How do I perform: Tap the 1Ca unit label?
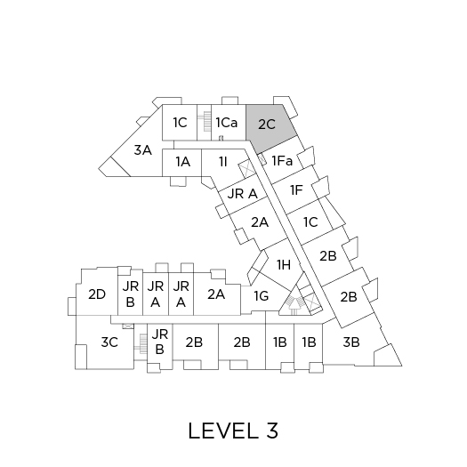[227, 123]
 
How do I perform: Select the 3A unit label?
[143, 149]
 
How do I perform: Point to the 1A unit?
[182, 163]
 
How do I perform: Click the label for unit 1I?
[223, 162]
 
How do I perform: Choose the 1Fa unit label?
[282, 161]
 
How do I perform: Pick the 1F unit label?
[296, 190]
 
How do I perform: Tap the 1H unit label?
[284, 264]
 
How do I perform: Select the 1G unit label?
[262, 295]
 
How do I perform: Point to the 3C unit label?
[109, 342]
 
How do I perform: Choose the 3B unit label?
[351, 342]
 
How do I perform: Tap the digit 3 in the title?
[272, 431]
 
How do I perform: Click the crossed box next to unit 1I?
[247, 168]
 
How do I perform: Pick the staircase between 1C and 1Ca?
[205, 121]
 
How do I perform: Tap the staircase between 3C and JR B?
[142, 344]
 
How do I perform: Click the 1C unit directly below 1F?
[310, 222]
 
